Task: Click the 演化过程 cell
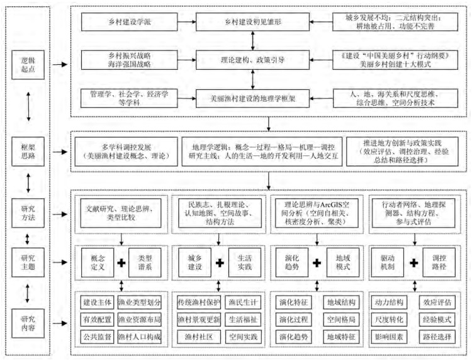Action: pyautogui.click(x=294, y=320)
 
